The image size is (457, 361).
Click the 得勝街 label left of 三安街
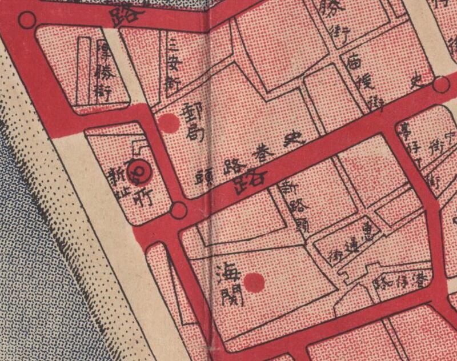[x=106, y=71]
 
